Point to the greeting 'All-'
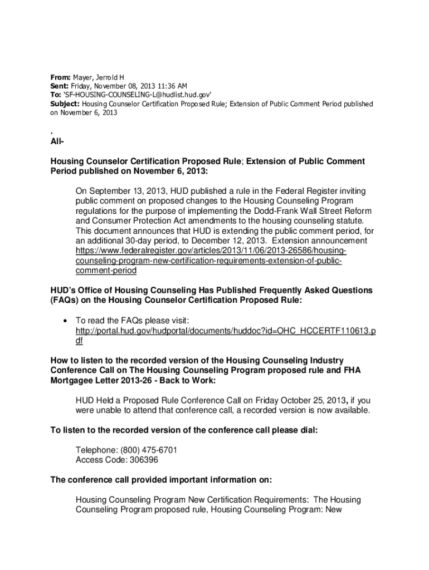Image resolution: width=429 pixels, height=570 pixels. [x=57, y=144]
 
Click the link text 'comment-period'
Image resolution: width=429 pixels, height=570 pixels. [x=106, y=271]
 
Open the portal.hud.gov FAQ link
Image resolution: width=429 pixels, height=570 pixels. [x=225, y=331]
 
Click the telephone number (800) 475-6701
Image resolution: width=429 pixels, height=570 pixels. [x=147, y=450]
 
